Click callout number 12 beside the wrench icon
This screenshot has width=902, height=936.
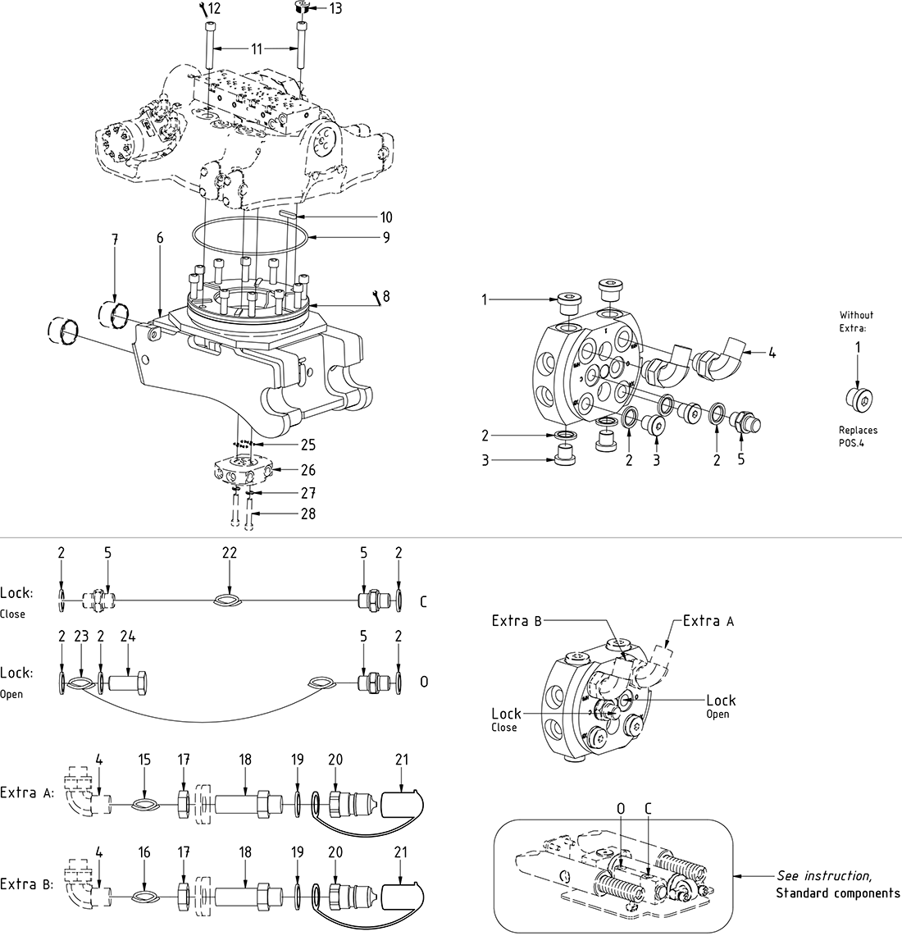click(214, 9)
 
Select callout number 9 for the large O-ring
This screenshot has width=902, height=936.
click(385, 238)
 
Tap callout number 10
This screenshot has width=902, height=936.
click(385, 217)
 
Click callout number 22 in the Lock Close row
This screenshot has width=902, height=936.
click(229, 554)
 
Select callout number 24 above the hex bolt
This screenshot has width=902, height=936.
click(127, 636)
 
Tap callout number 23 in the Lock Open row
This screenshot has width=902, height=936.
click(81, 636)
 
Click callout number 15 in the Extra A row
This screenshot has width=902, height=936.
click(144, 760)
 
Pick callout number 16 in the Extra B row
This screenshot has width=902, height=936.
click(144, 852)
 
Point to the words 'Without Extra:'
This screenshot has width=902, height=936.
click(856, 321)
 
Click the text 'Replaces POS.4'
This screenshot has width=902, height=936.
click(858, 436)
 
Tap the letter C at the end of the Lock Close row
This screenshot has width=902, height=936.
click(423, 602)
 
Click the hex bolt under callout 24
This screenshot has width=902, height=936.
click(127, 682)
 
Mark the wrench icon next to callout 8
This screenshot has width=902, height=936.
click(376, 296)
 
